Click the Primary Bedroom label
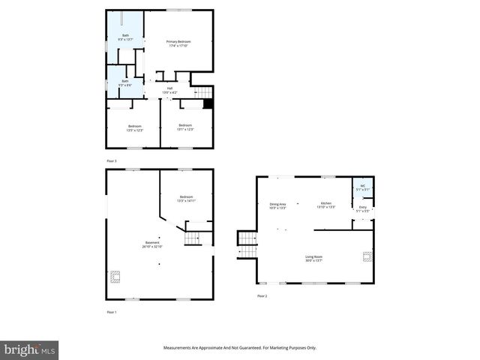click(178, 43)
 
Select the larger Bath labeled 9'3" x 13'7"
click(124, 38)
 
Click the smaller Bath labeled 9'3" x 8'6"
click(124, 83)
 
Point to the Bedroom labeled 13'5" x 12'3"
click(135, 127)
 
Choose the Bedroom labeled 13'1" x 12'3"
click(185, 127)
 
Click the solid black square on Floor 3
click(208, 104)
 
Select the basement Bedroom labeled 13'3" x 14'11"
click(186, 199)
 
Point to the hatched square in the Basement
click(115, 276)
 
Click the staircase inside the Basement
click(193, 238)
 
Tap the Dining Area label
click(277, 205)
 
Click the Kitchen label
click(326, 205)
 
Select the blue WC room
click(362, 187)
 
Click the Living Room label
click(313, 259)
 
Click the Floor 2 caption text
click(262, 296)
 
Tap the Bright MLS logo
click(30, 349)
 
